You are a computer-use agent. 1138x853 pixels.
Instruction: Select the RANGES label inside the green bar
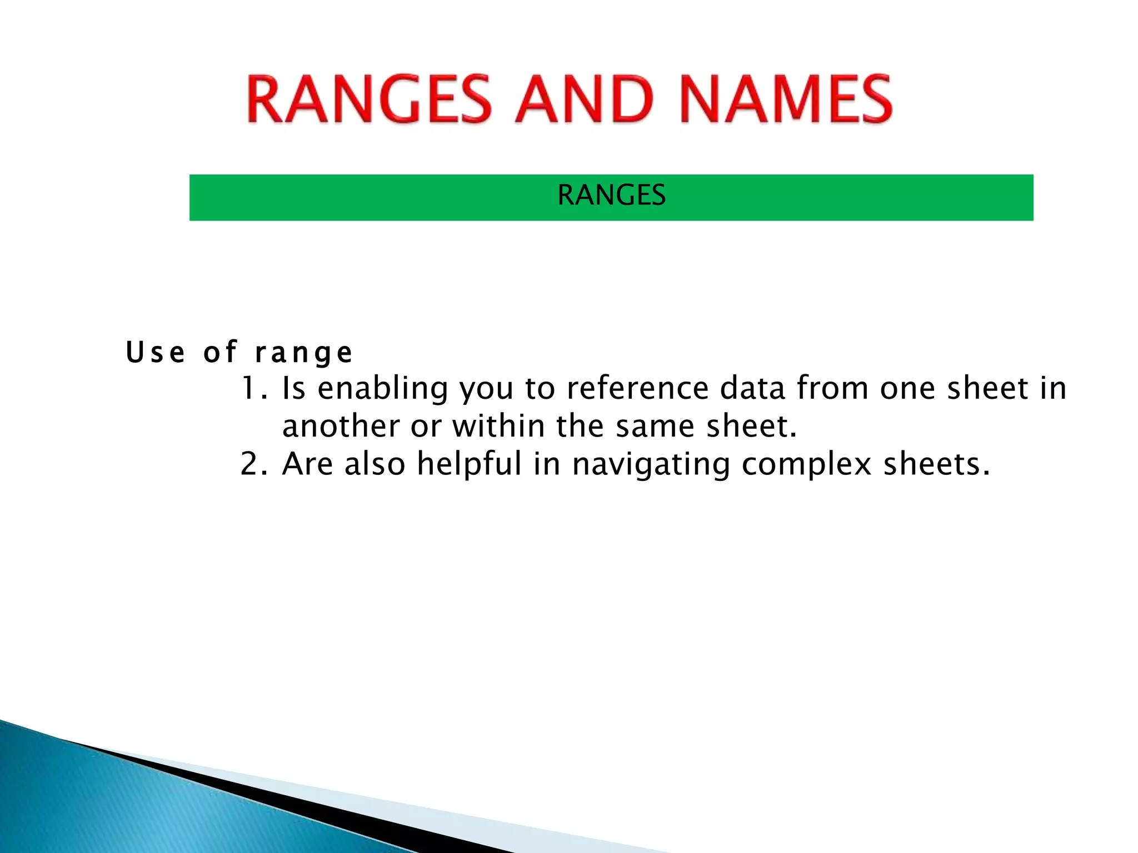[x=611, y=195]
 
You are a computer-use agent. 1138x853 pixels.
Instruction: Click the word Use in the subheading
[x=156, y=352]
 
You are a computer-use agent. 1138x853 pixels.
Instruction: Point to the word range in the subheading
[x=303, y=353]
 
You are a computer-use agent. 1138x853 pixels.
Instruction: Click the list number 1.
[x=253, y=388]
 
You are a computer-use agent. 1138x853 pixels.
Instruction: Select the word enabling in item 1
[x=382, y=389]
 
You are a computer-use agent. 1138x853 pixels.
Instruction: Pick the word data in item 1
[x=752, y=388]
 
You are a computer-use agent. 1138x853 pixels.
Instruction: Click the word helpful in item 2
[x=470, y=465]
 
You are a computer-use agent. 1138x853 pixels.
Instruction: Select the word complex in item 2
[x=806, y=465]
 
